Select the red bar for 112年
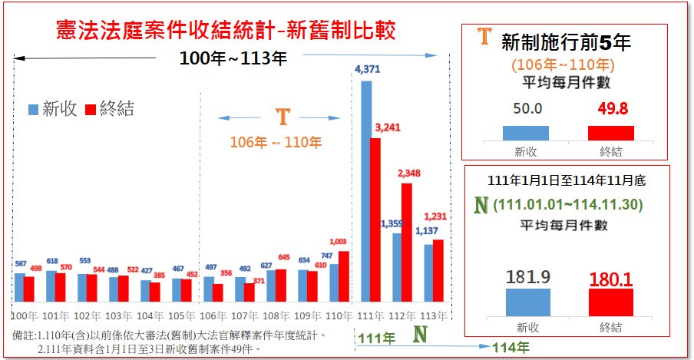click(407, 242)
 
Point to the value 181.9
click(527, 277)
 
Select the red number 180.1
click(610, 277)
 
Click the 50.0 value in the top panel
click(526, 108)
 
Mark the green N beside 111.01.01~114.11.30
click(482, 205)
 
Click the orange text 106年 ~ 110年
click(276, 142)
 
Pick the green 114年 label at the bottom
click(511, 347)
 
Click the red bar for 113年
click(438, 270)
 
